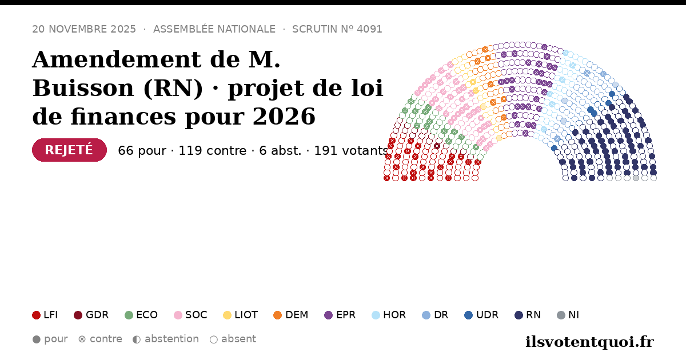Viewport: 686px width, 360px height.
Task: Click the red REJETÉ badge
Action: (69, 150)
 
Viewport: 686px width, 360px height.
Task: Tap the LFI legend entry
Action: (45, 315)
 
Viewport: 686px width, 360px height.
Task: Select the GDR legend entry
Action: (91, 315)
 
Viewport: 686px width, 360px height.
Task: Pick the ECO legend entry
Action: (141, 315)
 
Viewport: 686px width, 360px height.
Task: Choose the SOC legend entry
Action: (190, 315)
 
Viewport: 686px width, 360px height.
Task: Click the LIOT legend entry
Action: (241, 315)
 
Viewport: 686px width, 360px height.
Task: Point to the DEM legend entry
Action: (290, 315)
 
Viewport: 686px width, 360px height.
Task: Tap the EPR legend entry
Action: (340, 315)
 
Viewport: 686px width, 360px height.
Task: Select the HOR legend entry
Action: (389, 315)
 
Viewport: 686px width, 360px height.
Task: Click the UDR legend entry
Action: (481, 315)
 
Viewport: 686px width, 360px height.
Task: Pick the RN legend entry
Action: (528, 315)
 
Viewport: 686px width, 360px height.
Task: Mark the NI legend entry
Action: (568, 315)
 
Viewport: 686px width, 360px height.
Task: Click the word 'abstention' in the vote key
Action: (172, 339)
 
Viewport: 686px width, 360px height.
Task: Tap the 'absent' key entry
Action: (233, 339)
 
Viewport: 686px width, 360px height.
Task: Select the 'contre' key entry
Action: (100, 339)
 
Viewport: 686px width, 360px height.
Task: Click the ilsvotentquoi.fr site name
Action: (589, 342)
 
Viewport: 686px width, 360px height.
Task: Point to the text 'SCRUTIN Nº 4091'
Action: (337, 29)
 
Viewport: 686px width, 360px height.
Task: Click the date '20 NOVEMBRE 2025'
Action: (84, 29)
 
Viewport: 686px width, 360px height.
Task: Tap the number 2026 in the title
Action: (284, 117)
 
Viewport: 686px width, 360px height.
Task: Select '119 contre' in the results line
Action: (213, 151)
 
